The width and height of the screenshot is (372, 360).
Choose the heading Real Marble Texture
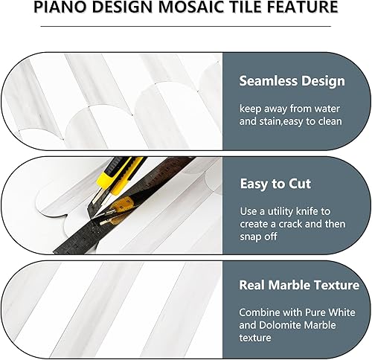pyautogui.click(x=299, y=285)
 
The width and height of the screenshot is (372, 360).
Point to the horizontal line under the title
pyautogui.click(x=185, y=26)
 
